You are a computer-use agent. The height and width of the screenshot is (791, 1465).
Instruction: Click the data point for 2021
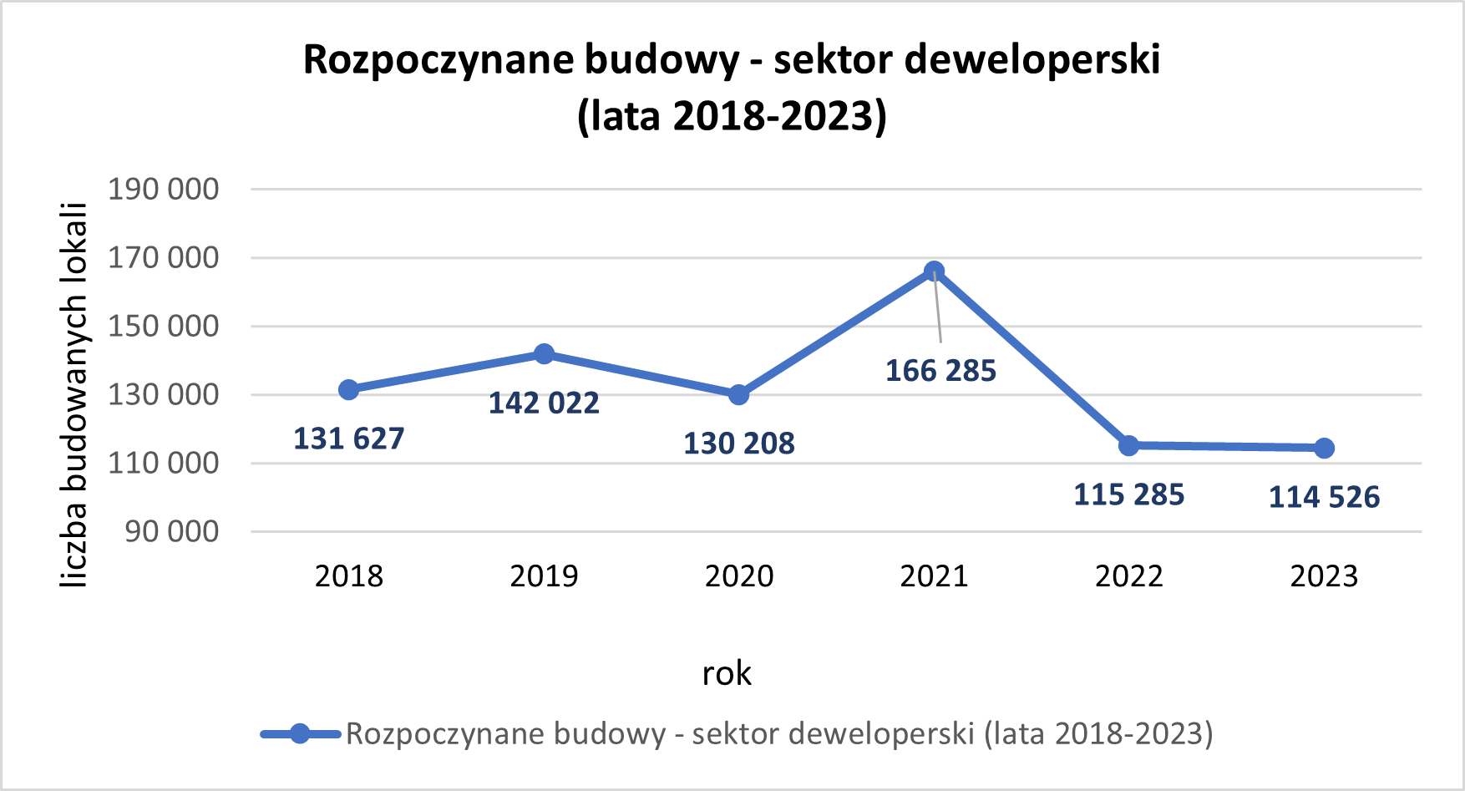[x=934, y=271]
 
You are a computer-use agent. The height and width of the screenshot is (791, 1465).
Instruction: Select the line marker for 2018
[x=348, y=390]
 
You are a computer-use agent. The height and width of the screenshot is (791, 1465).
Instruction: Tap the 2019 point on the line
[x=544, y=354]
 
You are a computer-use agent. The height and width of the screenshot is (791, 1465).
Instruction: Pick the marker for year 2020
[x=738, y=394]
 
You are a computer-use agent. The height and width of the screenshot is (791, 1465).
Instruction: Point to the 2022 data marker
[x=1128, y=445]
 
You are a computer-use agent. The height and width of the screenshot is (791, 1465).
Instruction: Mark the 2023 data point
[x=1324, y=449]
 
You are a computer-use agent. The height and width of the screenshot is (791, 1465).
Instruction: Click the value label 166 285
[x=940, y=371]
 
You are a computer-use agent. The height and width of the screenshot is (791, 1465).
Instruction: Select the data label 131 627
[x=348, y=439]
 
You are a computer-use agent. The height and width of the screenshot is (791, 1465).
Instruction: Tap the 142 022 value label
[x=544, y=403]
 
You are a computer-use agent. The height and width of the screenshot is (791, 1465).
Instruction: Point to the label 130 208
[x=738, y=444]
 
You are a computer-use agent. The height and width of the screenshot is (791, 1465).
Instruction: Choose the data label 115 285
[x=1128, y=494]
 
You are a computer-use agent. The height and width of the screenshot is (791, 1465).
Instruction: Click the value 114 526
[x=1324, y=498]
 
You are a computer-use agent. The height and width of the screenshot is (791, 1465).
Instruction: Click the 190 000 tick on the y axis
[x=164, y=190]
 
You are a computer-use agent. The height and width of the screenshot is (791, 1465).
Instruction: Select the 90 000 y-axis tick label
[x=172, y=531]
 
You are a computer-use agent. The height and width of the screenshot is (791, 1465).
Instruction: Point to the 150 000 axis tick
[x=164, y=326]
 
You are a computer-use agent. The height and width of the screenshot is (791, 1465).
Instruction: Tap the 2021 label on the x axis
[x=934, y=576]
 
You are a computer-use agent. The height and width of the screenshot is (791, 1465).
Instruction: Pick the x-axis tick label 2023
[x=1324, y=576]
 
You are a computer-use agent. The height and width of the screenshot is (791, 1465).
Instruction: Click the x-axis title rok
[x=727, y=673]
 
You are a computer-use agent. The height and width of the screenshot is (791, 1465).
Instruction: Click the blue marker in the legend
[x=300, y=734]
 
